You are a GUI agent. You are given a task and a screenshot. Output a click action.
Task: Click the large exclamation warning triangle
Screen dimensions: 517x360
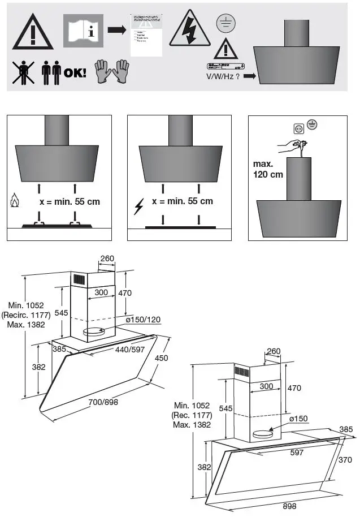(33, 32)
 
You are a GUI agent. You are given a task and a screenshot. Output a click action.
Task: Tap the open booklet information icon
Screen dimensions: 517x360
(83, 31)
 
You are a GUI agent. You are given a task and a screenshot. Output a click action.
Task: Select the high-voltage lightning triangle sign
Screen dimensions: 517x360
(190, 28)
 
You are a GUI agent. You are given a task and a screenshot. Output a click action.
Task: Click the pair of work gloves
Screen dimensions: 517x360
(112, 72)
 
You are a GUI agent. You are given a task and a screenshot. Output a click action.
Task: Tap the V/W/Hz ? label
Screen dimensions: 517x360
(223, 76)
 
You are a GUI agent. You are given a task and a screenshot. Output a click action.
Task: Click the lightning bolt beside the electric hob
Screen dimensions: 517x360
(138, 207)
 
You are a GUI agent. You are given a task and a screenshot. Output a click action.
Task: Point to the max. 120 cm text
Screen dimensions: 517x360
(268, 169)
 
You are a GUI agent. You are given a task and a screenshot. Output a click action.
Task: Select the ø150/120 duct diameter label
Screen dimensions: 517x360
(144, 320)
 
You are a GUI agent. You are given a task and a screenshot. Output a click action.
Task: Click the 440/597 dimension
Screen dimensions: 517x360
(130, 350)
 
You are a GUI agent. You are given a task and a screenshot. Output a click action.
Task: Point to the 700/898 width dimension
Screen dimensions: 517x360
(103, 402)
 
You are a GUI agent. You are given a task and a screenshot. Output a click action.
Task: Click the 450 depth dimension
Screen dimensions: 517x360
(162, 357)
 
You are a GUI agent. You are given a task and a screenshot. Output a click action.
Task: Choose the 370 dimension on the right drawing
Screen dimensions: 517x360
(344, 460)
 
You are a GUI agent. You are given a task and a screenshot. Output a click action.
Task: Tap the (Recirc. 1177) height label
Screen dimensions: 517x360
(25, 315)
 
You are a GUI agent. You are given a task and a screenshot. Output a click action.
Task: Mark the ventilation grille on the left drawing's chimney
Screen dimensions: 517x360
(77, 279)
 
